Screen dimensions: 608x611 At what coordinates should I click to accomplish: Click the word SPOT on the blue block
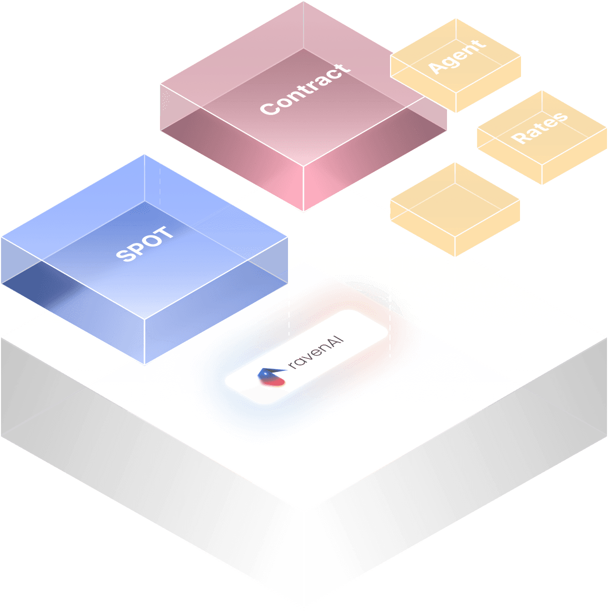144,244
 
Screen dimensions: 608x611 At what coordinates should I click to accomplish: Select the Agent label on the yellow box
456,57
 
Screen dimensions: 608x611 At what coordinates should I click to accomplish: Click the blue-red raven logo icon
270,376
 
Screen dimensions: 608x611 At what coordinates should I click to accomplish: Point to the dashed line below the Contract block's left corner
160,165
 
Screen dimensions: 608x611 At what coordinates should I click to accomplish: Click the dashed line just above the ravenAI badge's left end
289,315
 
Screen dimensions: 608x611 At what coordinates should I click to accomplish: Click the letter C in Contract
268,107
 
